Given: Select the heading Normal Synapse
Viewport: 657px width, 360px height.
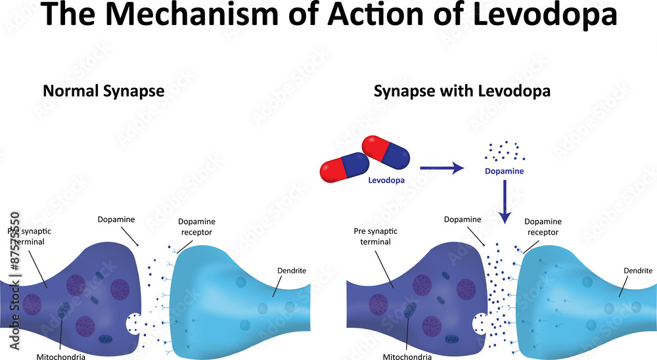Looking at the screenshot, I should [103, 91].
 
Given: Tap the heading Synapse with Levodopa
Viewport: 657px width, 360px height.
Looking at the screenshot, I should [462, 91].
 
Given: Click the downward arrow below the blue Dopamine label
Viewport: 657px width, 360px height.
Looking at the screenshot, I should [504, 200].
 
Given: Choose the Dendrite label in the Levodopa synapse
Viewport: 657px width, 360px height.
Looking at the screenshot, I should [638, 270].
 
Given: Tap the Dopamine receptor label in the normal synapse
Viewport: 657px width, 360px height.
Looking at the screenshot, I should [196, 227].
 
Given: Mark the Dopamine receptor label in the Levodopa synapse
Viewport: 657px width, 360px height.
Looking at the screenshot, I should [542, 227].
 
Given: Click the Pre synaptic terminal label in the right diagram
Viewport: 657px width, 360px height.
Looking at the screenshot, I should [376, 236].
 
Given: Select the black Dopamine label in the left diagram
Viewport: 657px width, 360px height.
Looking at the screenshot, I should [116, 219].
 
